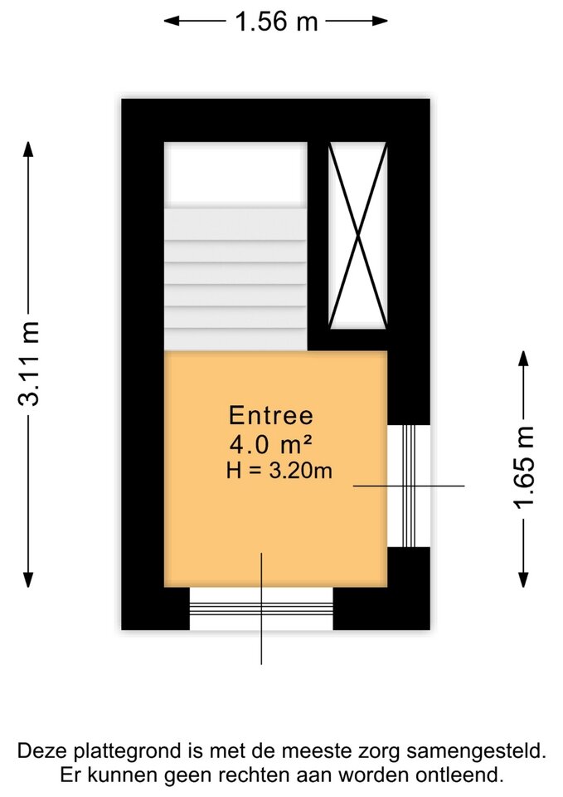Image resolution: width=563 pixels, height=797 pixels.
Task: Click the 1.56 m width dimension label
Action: click(276, 22)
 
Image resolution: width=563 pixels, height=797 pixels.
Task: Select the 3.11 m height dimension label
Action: click(29, 364)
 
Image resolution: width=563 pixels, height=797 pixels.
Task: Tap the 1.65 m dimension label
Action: click(524, 467)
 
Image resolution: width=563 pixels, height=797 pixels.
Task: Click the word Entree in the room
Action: click(271, 415)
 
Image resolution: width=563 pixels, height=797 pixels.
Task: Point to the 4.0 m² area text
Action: click(270, 445)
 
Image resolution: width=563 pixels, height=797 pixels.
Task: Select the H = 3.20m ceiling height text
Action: click(279, 472)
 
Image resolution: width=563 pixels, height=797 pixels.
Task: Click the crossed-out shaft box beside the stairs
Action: click(358, 235)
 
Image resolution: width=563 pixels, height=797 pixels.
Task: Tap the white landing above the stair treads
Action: click(235, 174)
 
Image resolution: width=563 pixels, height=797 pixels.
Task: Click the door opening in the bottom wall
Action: click(261, 609)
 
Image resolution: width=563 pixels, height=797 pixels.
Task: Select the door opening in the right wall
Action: click(409, 486)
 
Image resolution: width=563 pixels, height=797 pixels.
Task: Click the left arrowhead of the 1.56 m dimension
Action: click(171, 21)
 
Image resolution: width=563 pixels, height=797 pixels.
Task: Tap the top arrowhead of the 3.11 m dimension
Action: click(29, 150)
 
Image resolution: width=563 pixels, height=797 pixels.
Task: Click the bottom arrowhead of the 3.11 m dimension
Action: click(28, 579)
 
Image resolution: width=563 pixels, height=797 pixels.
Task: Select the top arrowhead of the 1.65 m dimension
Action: click(523, 359)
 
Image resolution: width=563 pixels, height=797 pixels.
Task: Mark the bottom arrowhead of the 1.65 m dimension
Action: click(523, 579)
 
